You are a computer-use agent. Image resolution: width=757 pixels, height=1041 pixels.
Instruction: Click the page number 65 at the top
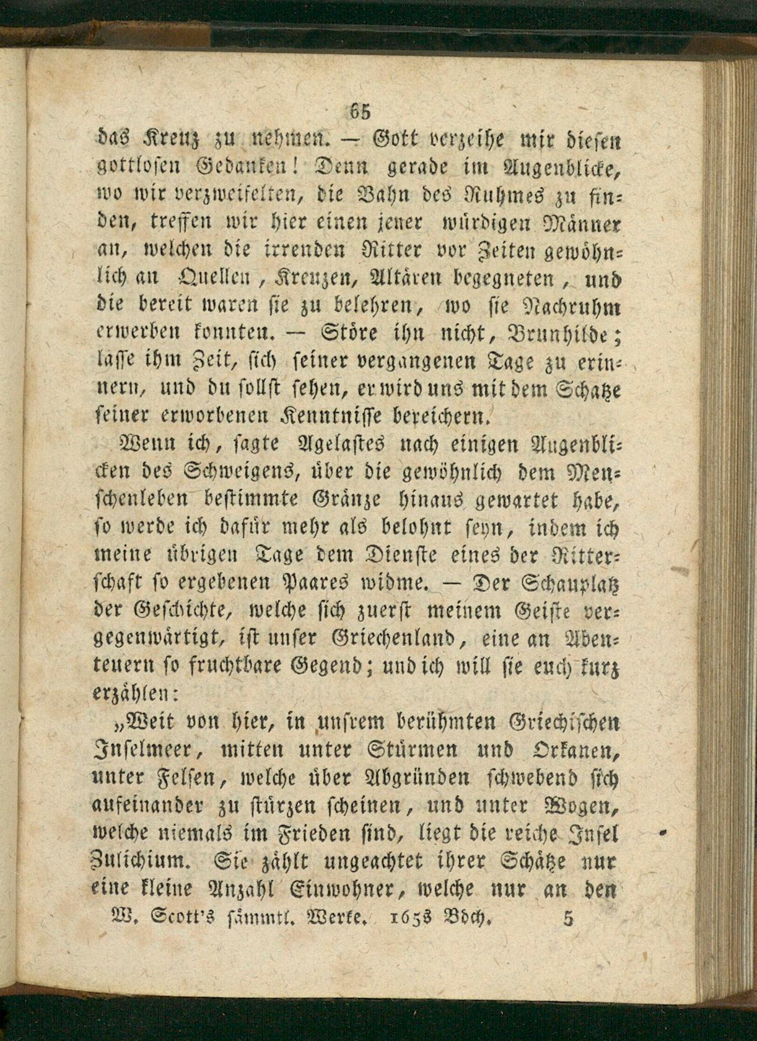pos(359,111)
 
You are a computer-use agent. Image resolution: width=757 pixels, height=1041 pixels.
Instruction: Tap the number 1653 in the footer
pos(409,919)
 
